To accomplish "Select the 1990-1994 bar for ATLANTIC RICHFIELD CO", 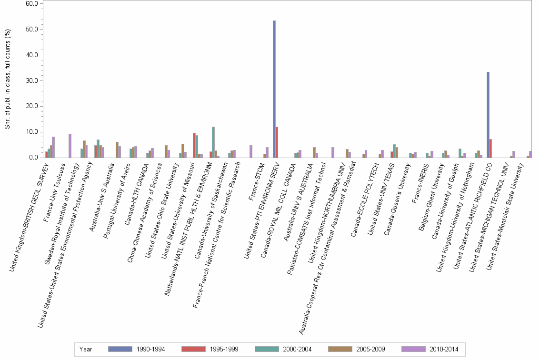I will click(488, 115).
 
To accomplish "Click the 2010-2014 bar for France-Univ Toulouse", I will click(70, 146).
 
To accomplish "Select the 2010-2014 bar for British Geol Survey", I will click(53, 147).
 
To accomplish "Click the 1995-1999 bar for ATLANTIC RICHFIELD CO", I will click(490, 148).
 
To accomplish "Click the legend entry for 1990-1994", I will click(137, 350).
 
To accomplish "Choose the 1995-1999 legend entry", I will click(210, 350).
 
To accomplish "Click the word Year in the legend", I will click(86, 350).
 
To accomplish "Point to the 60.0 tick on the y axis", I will click(31, 3).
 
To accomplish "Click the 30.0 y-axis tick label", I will click(31, 80).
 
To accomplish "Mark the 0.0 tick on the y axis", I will click(33, 158).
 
